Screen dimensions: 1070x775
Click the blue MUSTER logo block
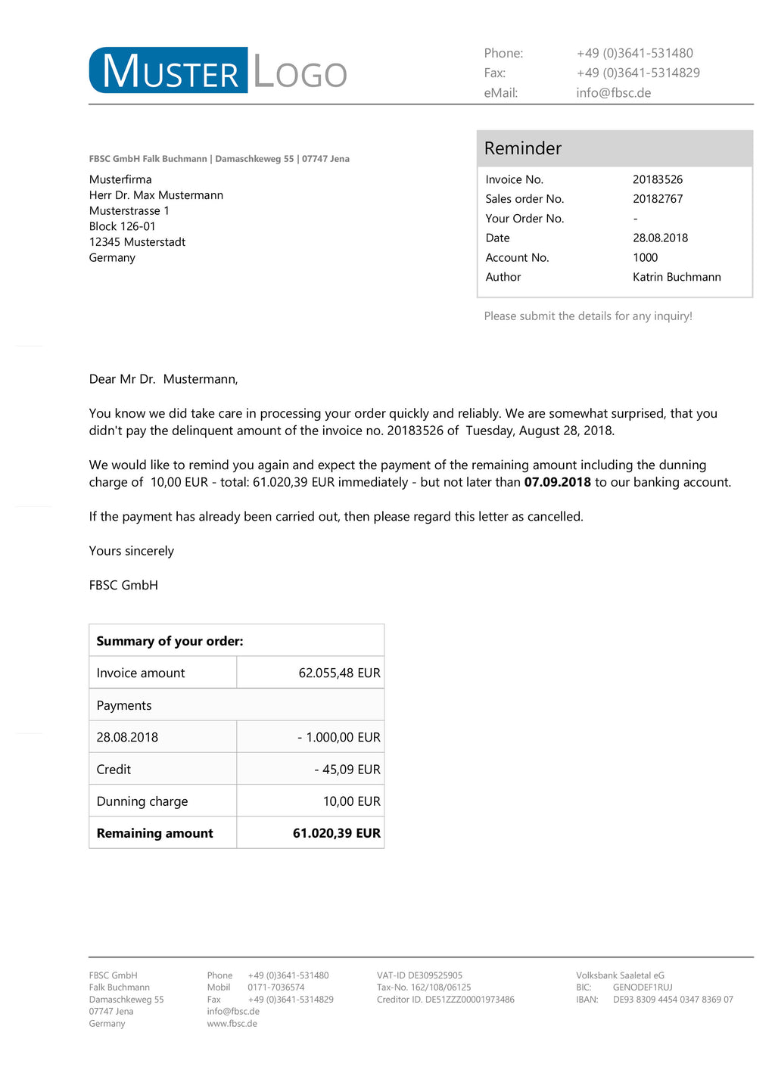[x=169, y=70]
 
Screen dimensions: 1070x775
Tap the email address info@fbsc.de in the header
[x=613, y=93]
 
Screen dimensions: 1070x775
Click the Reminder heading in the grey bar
[x=522, y=148]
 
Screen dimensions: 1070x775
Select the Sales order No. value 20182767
[x=658, y=199]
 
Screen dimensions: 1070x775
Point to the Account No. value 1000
[x=645, y=257]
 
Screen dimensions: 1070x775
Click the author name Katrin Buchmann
[x=677, y=277]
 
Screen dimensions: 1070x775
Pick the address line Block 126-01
[x=123, y=226]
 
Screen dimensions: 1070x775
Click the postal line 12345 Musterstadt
[x=137, y=242]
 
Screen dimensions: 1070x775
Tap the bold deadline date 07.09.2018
[x=557, y=482]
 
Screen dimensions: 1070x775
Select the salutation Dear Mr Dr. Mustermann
[x=163, y=379]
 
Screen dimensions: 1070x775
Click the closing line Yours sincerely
[x=132, y=551]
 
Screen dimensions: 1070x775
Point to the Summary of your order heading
[x=170, y=641]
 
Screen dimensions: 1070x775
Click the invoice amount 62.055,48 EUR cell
[x=339, y=673]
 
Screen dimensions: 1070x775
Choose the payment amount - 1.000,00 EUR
[x=339, y=737]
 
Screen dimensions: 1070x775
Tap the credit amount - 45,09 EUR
[x=347, y=770]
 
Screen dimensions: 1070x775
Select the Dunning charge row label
[x=142, y=801]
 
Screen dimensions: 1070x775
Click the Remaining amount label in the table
[x=154, y=833]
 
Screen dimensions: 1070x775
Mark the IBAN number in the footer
[x=672, y=1000]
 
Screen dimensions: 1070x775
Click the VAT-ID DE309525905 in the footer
[x=419, y=975]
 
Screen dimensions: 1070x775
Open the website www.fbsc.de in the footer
[x=232, y=1024]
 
